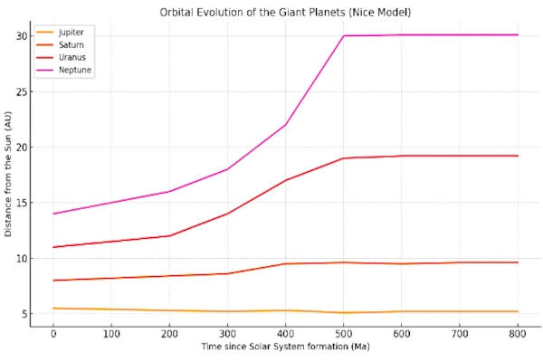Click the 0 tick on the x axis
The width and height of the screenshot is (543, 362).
coord(53,334)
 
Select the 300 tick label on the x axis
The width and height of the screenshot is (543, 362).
coord(227,334)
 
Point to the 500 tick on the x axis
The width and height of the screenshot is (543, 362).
coord(343,334)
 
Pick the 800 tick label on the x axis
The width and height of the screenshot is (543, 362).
coord(517,334)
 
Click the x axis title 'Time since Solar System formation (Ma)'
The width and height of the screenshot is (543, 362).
coord(284,348)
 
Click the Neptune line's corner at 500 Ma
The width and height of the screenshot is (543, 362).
coord(343,36)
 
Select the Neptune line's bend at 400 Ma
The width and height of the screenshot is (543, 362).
coord(285,125)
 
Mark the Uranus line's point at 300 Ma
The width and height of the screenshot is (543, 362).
coord(227,214)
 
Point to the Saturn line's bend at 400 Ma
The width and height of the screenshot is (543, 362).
coord(285,263)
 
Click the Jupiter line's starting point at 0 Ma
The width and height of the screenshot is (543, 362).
coord(53,309)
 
